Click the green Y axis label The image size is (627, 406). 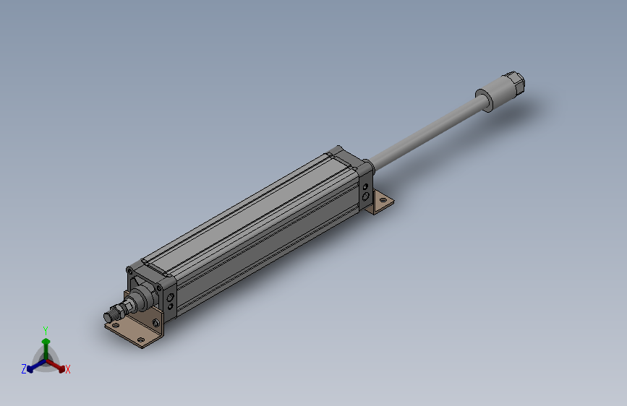coord(46,330)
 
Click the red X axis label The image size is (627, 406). coord(67,369)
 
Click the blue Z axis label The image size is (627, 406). coord(24,369)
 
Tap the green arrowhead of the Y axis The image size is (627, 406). coord(46,342)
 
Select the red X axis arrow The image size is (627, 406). coord(56,366)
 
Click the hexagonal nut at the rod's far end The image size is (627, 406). coord(516,83)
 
